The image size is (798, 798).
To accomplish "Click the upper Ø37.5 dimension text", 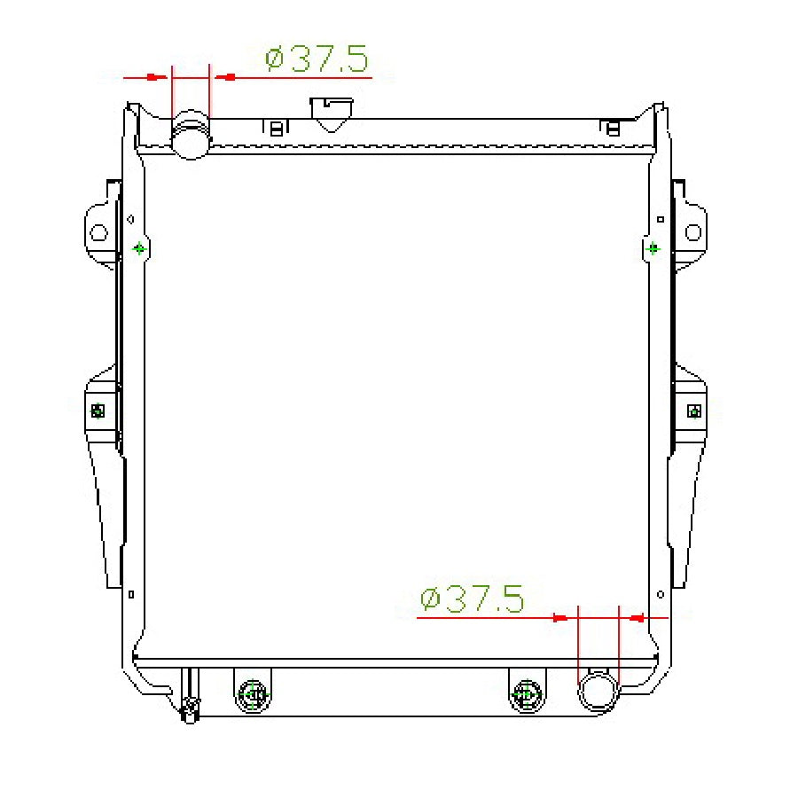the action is [316, 59].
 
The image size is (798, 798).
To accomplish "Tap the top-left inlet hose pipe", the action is [191, 135].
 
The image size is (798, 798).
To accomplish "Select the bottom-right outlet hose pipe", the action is [598, 691].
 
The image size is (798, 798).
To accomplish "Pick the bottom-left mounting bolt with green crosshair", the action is [253, 694].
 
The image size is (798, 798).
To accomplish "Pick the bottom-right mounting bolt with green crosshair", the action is [528, 694].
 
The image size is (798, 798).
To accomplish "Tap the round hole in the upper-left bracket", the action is [98, 233].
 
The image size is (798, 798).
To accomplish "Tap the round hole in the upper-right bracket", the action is [693, 232].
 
